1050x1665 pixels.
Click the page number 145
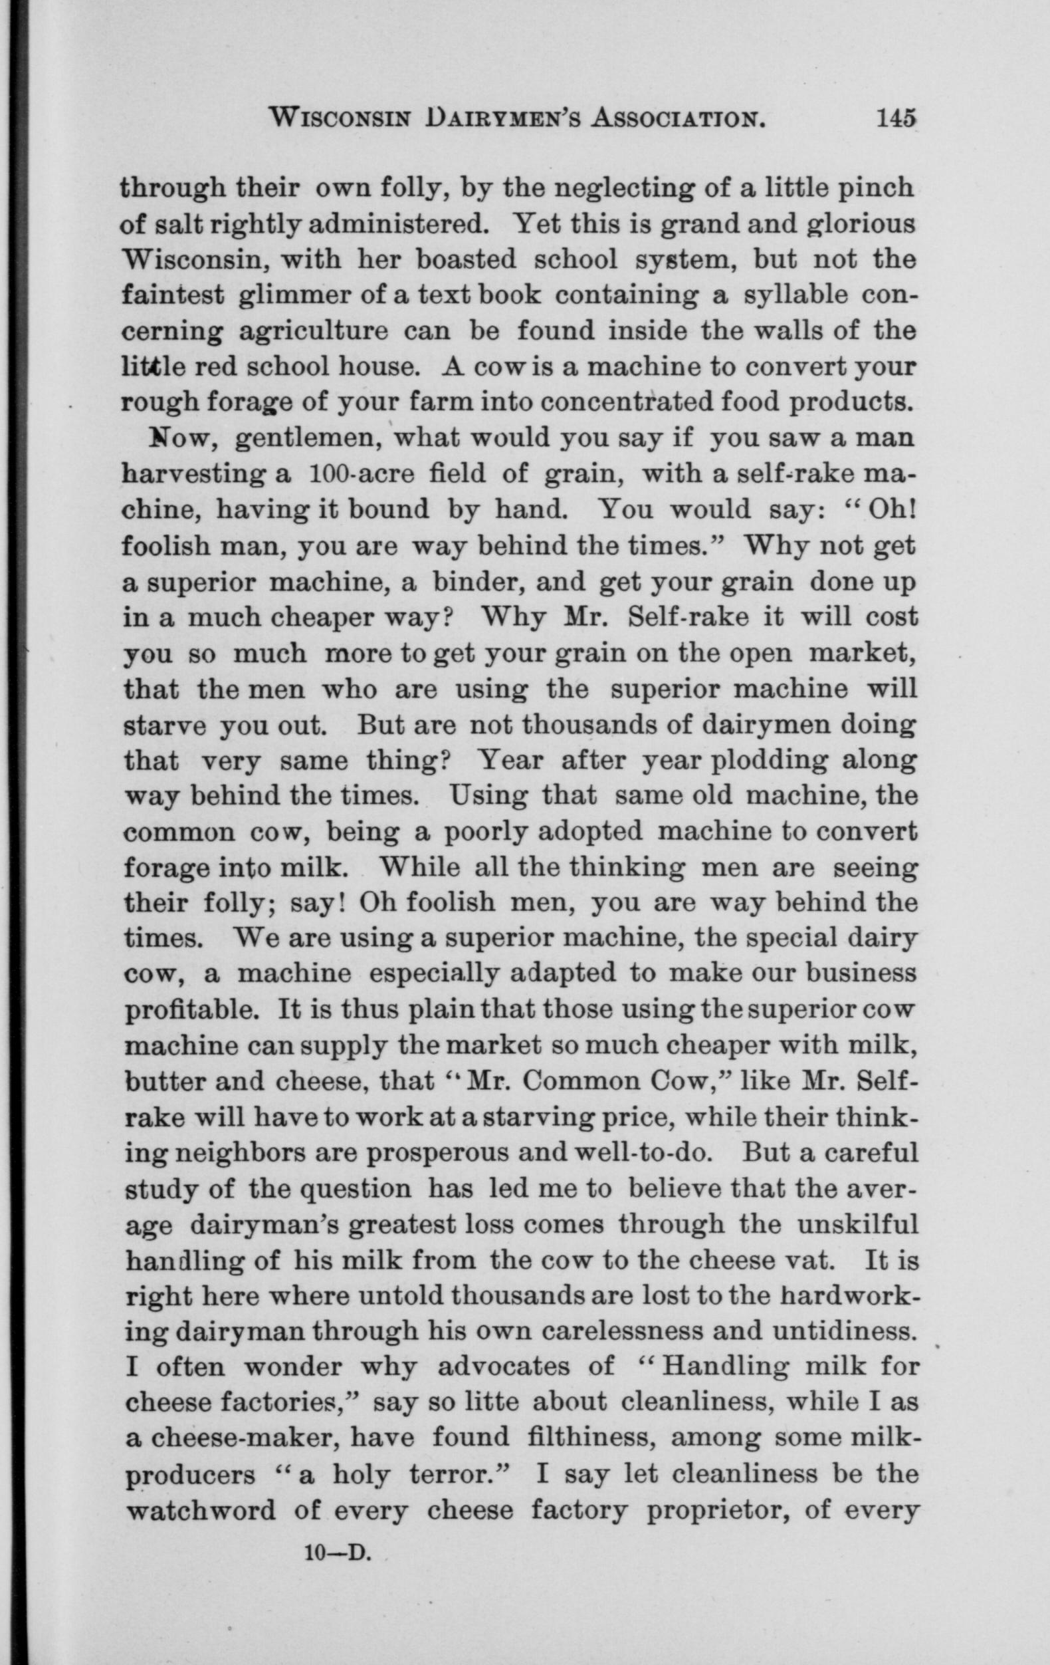coord(895,119)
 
